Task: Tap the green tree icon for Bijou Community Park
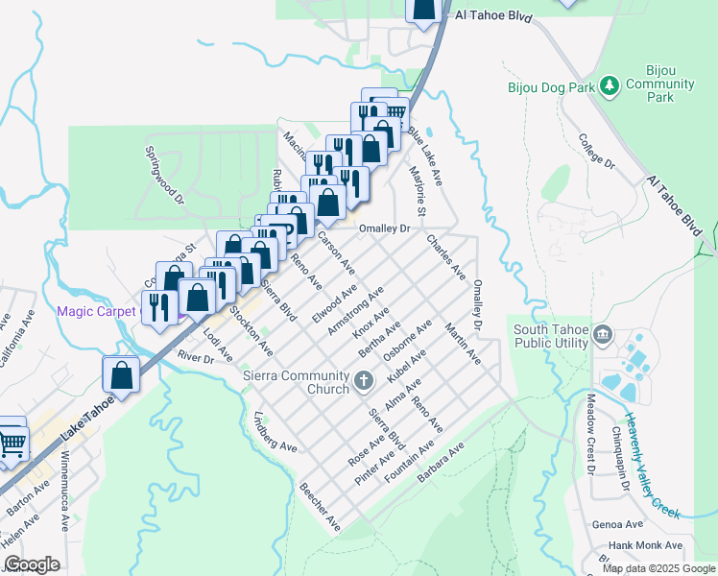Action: [609, 87]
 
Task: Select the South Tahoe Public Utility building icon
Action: [602, 334]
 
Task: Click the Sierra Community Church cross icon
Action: [363, 382]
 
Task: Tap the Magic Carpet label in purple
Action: [97, 311]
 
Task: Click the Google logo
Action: [31, 564]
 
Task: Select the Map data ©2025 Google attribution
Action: [658, 567]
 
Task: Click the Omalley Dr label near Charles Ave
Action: [384, 228]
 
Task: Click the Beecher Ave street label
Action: [321, 508]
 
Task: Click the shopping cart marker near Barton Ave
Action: [12, 444]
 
